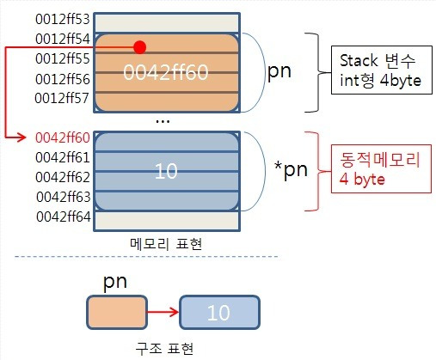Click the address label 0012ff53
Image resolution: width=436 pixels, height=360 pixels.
(63, 19)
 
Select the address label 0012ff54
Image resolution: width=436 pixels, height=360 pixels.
(63, 39)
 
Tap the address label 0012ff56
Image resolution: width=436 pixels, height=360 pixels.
(63, 79)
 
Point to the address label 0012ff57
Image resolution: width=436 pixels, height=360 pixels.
(62, 98)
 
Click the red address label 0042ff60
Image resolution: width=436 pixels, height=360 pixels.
(63, 137)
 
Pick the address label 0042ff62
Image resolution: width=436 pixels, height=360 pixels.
(63, 177)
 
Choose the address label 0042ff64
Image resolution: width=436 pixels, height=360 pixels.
(64, 217)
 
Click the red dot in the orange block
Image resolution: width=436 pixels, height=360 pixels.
(140, 47)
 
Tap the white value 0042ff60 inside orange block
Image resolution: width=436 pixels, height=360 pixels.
(166, 72)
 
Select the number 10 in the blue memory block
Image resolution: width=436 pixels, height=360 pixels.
(166, 171)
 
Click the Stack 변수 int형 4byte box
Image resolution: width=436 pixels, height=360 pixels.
(382, 70)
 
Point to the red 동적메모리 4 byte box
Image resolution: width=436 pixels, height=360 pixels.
(381, 168)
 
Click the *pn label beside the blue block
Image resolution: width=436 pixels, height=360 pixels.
(291, 170)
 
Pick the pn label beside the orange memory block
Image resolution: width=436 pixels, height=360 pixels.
(279, 71)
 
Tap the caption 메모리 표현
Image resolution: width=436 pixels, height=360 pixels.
(166, 244)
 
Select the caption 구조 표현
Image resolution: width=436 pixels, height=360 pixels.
(164, 349)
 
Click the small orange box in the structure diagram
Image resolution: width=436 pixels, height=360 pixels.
(117, 312)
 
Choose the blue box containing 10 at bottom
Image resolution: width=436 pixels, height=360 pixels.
(219, 312)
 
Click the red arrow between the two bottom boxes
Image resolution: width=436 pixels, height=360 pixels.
(163, 312)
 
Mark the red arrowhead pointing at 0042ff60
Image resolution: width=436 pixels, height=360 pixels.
(22, 137)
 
